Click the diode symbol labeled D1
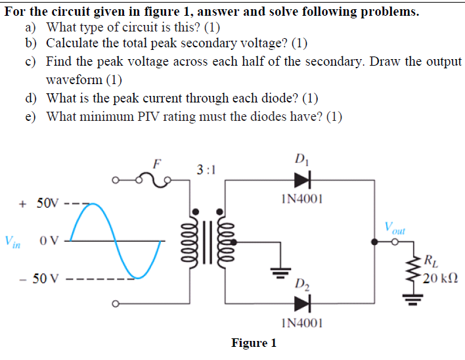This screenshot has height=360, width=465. coord(302,177)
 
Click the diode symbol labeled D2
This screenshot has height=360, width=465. coord(302,302)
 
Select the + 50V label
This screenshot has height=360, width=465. coord(39,203)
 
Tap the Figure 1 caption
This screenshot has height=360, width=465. coord(254,343)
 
